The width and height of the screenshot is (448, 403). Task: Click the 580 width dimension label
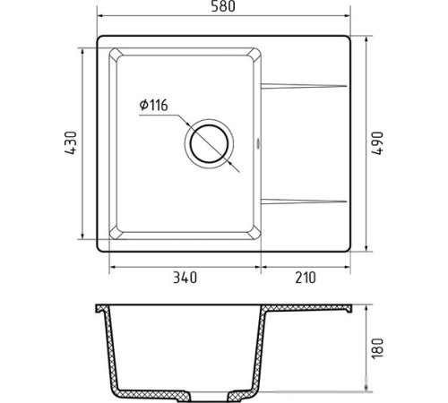[x=223, y=6]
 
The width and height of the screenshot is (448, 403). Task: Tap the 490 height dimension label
[x=377, y=143]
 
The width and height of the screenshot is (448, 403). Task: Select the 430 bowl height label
[x=71, y=143]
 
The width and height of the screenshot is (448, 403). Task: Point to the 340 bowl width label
[x=185, y=278]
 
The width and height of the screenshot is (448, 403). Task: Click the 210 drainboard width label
[x=306, y=278]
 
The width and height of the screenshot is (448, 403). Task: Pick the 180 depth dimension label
[x=377, y=348]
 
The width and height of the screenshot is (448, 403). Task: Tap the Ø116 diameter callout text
[x=153, y=105]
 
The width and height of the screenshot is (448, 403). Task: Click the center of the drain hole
[x=209, y=143]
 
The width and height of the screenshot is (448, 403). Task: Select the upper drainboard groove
[x=304, y=86]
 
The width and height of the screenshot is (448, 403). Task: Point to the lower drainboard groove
[x=304, y=201]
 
